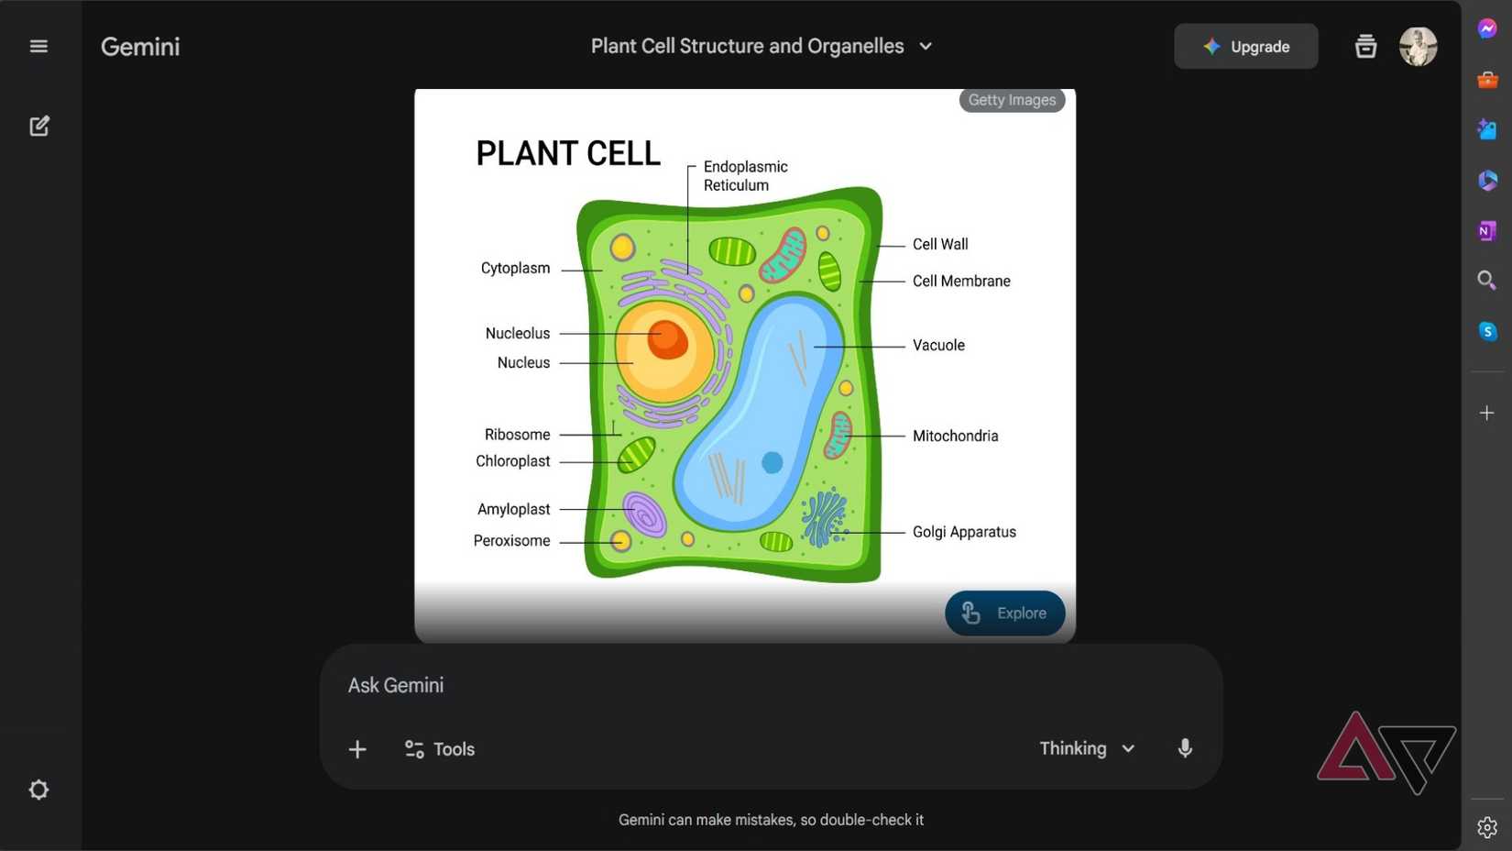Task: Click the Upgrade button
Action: click(1245, 47)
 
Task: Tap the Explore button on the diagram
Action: click(1004, 613)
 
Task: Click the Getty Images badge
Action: click(1012, 100)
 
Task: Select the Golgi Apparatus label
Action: click(963, 532)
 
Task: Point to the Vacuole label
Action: click(937, 346)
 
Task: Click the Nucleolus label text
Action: click(518, 334)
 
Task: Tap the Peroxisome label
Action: click(511, 541)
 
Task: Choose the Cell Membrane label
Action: click(960, 282)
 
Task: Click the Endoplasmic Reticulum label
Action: click(744, 176)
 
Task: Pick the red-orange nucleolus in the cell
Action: click(667, 339)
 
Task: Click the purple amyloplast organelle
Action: click(644, 514)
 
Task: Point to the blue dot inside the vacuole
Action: click(772, 462)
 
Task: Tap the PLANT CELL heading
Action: click(567, 153)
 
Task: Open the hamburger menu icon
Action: click(38, 47)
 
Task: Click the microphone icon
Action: click(1185, 748)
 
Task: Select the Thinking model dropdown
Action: click(1087, 748)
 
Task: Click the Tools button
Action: click(440, 749)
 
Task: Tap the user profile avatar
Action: click(1417, 47)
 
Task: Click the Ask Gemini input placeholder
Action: click(396, 686)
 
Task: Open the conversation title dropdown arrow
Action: click(926, 47)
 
